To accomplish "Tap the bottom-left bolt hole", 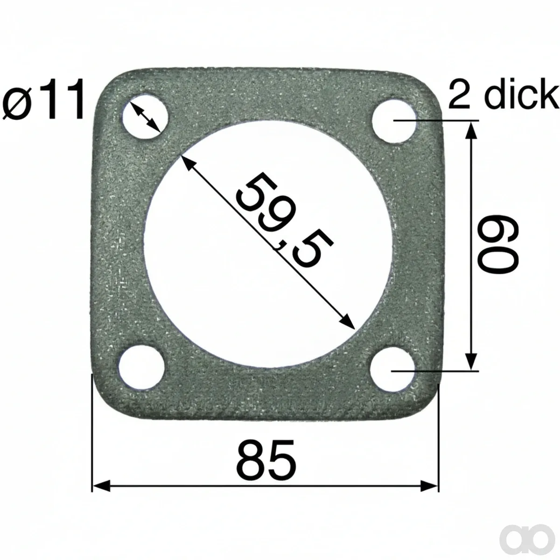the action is (142, 368).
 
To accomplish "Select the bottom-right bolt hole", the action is (392, 369).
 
